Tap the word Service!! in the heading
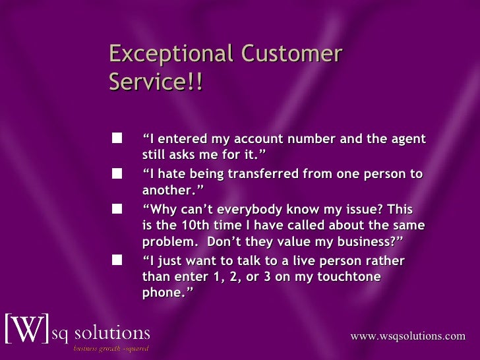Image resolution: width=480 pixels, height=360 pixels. [x=156, y=83]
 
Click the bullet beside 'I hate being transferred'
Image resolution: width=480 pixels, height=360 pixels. [x=117, y=173]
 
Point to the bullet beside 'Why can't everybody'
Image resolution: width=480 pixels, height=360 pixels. [x=117, y=208]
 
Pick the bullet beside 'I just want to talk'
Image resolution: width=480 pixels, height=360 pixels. [x=117, y=260]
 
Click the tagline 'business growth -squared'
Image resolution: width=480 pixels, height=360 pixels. [x=110, y=347]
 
